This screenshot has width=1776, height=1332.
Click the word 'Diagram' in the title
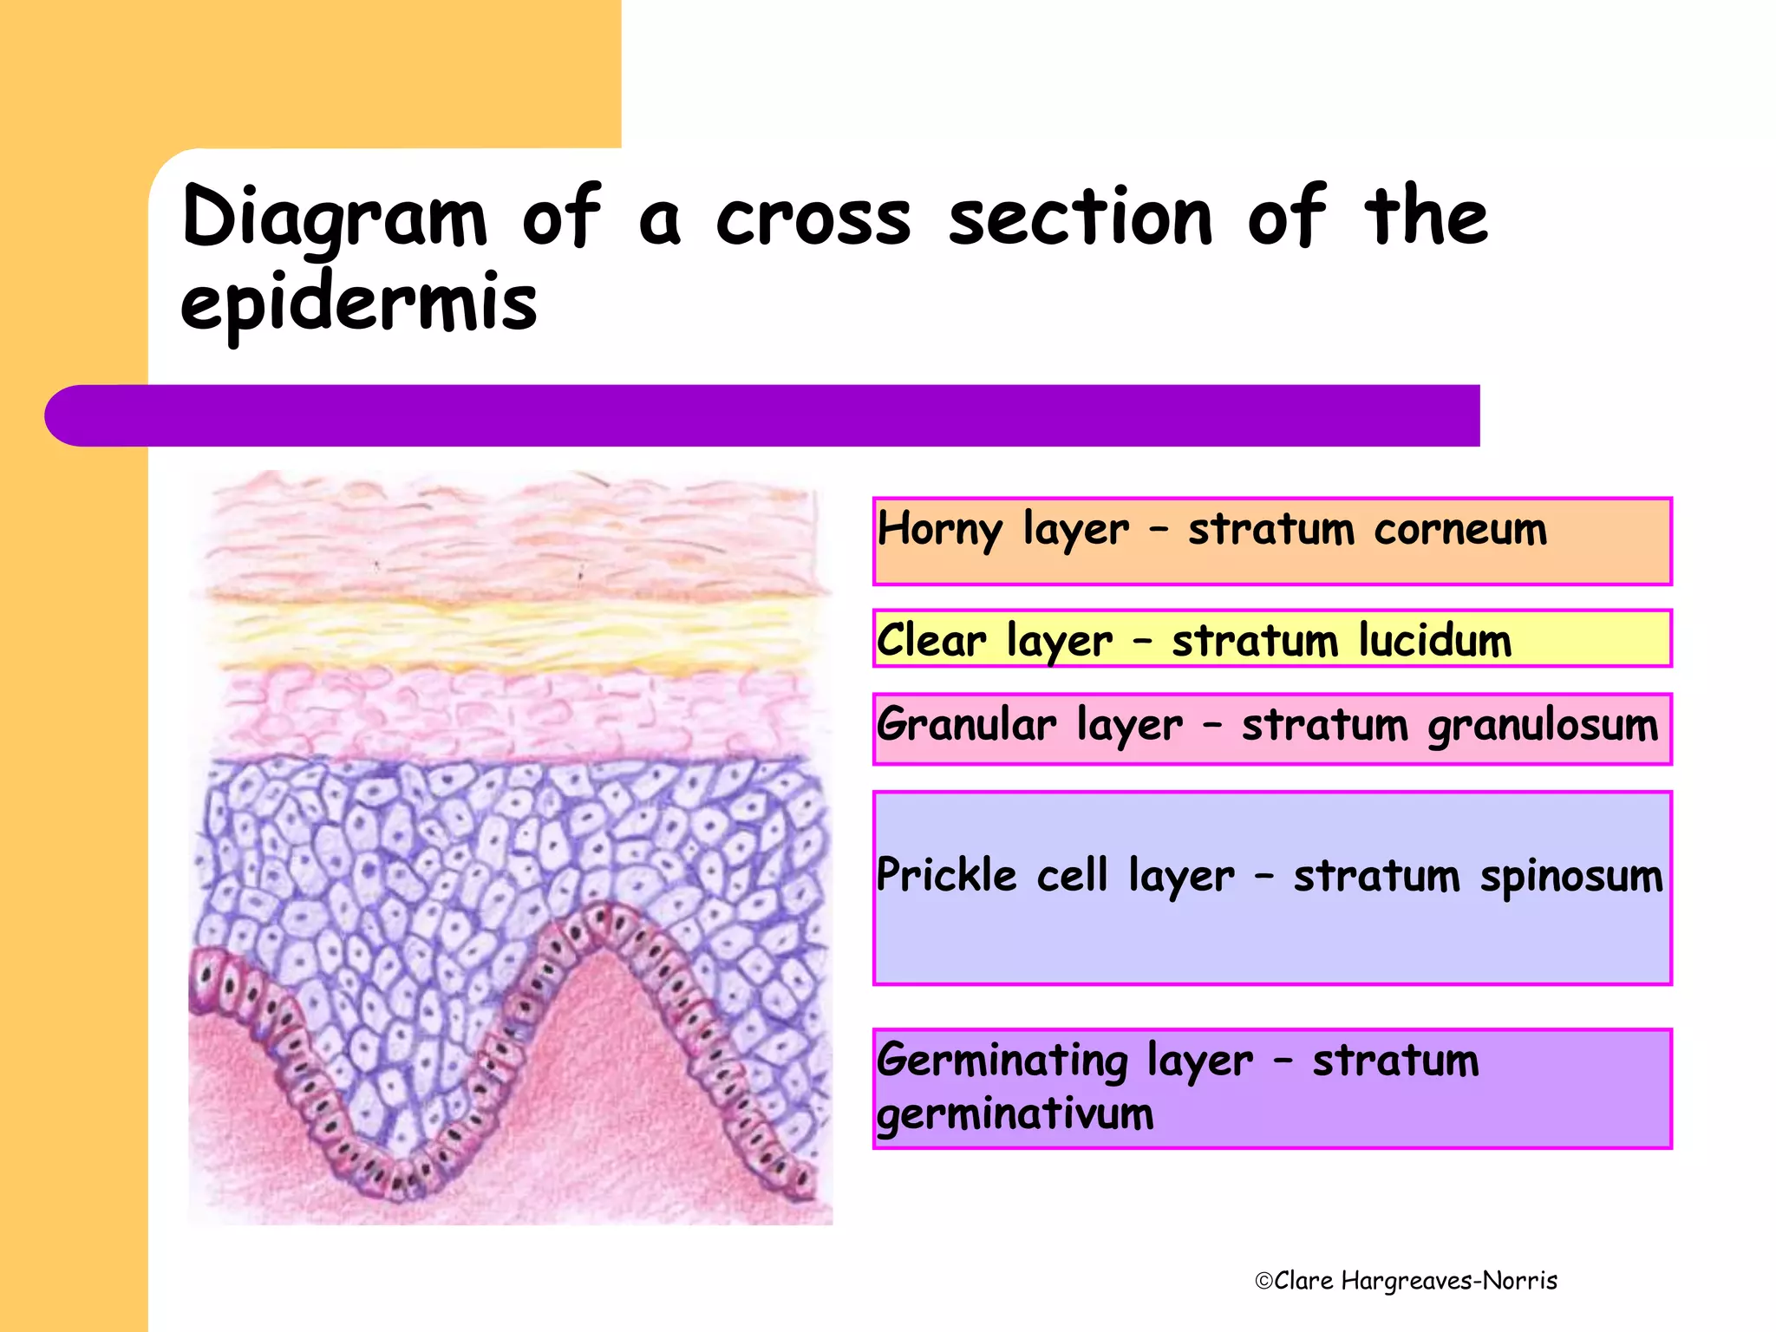[334, 217]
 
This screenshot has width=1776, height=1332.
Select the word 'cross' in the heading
[813, 217]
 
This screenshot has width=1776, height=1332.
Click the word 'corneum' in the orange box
[1460, 529]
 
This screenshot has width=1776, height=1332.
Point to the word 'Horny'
[939, 529]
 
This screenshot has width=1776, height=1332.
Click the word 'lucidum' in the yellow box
[1435, 641]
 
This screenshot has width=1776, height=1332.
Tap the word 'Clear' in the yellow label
[930, 641]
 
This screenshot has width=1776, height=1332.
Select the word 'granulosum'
[1543, 725]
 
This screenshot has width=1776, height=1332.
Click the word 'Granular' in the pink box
[966, 725]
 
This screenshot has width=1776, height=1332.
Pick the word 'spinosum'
[1571, 876]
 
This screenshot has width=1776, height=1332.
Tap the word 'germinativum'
[1015, 1113]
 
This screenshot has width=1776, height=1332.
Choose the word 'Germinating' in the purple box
[1002, 1061]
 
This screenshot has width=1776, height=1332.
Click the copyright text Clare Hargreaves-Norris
[1407, 1281]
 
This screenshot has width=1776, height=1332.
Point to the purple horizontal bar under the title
[763, 415]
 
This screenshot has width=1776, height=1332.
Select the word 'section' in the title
[1080, 217]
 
